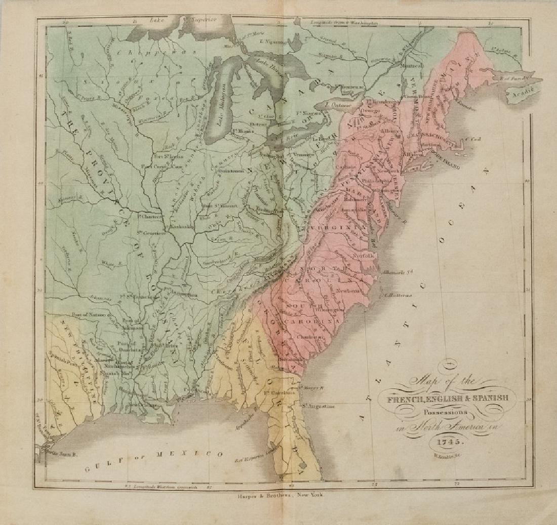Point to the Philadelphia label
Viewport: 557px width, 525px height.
(x=372, y=180)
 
